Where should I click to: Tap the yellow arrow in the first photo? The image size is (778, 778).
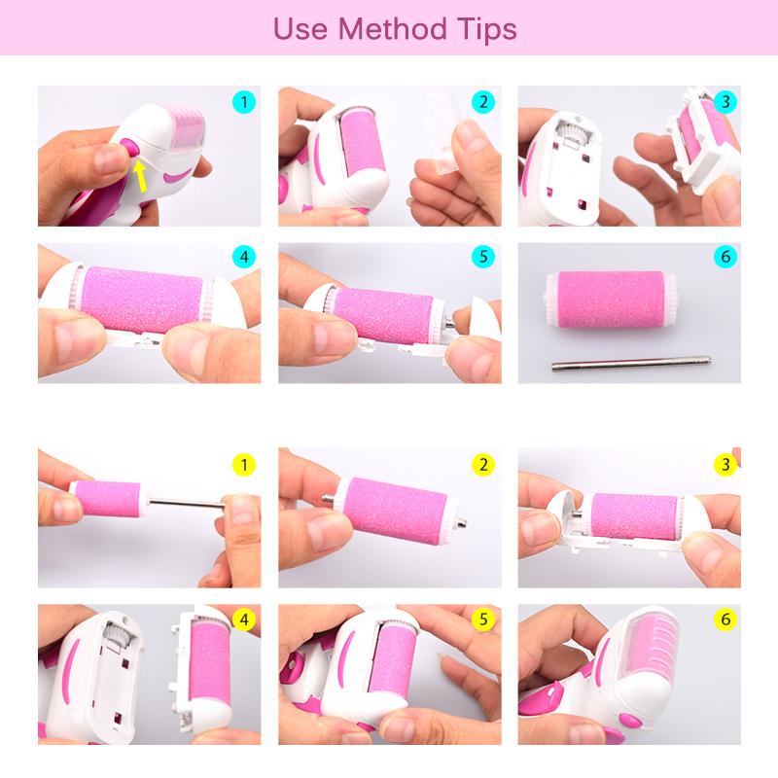tap(143, 175)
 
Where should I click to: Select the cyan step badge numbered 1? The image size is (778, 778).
tap(245, 101)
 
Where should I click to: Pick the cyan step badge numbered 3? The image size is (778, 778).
tap(725, 101)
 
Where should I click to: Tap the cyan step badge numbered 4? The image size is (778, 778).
tap(245, 258)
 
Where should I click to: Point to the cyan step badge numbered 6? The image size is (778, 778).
tap(725, 258)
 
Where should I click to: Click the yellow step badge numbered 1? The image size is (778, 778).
tap(245, 465)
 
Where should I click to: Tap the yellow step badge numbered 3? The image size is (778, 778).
tap(725, 465)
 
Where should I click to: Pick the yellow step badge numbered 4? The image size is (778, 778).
tap(245, 619)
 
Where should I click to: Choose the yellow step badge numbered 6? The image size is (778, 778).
tap(725, 619)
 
